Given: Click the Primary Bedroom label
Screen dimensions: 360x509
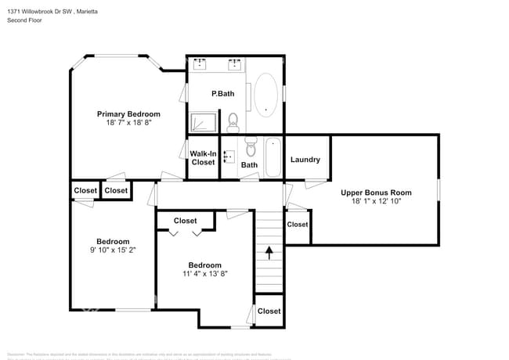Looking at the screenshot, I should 128,113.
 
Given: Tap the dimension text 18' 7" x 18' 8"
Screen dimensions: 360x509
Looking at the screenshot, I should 128,123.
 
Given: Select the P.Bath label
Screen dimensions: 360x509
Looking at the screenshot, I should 223,94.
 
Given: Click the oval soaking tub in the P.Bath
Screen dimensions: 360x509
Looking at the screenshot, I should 265,95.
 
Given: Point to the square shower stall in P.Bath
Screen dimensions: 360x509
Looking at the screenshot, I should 203,122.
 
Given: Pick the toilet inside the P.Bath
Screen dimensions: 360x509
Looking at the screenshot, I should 233,121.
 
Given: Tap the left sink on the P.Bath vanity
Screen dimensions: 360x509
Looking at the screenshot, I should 200,62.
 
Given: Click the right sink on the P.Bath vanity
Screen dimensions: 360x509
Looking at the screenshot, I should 234,62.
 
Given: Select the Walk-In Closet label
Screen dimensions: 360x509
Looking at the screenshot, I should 203,158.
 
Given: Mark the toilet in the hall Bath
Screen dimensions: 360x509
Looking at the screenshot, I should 251,146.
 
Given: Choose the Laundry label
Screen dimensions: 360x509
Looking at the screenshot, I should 305,160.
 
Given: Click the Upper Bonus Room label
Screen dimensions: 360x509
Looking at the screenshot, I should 376,193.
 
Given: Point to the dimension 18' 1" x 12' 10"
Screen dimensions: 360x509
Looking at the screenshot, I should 376,202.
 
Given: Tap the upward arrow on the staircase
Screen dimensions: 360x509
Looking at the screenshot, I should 269,252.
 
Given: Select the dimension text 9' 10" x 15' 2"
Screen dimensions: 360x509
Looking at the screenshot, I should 113,250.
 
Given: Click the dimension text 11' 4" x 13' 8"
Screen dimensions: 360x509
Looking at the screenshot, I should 204,274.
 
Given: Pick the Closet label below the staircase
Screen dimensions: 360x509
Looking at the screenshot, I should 269,311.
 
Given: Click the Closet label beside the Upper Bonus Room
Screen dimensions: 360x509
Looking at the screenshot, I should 298,225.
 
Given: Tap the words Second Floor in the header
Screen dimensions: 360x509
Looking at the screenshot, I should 26,20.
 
